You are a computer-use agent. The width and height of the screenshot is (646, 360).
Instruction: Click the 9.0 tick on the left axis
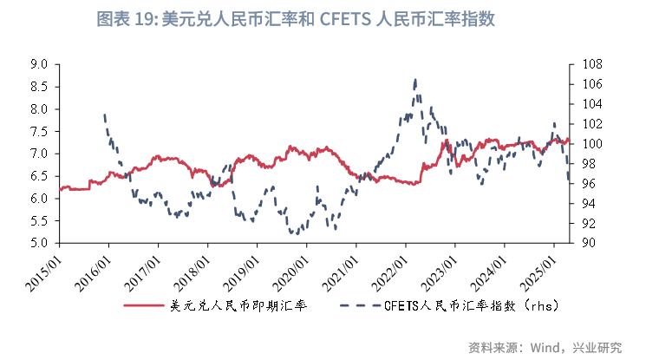pos(38,64)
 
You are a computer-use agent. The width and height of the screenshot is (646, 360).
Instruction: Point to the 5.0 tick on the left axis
pos(38,243)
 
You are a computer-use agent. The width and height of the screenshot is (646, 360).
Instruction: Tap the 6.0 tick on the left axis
pos(38,199)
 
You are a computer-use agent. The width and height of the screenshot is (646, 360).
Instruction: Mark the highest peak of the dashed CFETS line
pos(415,80)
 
